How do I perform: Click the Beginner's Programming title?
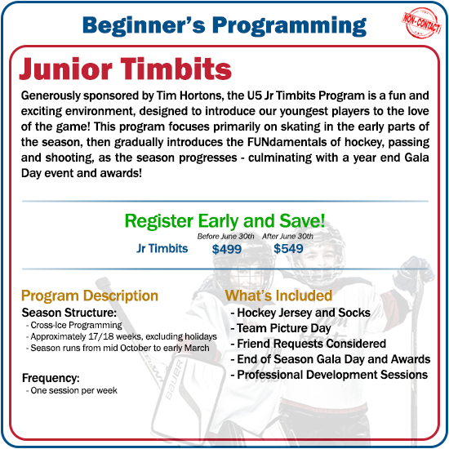click(x=224, y=24)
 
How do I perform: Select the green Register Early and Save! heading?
click(x=224, y=220)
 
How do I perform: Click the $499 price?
click(x=226, y=249)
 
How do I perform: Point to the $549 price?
click(x=288, y=249)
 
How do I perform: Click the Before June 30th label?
click(x=220, y=236)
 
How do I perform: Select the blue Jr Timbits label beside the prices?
click(x=162, y=248)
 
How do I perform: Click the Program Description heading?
click(x=90, y=296)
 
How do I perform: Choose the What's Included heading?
click(x=278, y=296)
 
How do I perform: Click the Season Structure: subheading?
click(x=69, y=313)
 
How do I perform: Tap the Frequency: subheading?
click(x=51, y=379)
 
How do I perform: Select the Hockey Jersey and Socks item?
click(x=301, y=313)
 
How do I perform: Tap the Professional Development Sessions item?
click(x=330, y=375)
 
